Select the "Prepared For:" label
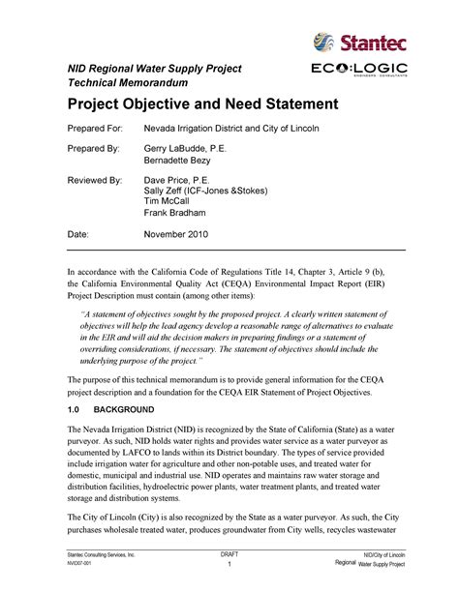[97, 129]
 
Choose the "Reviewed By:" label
[95, 181]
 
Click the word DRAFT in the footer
[229, 553]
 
